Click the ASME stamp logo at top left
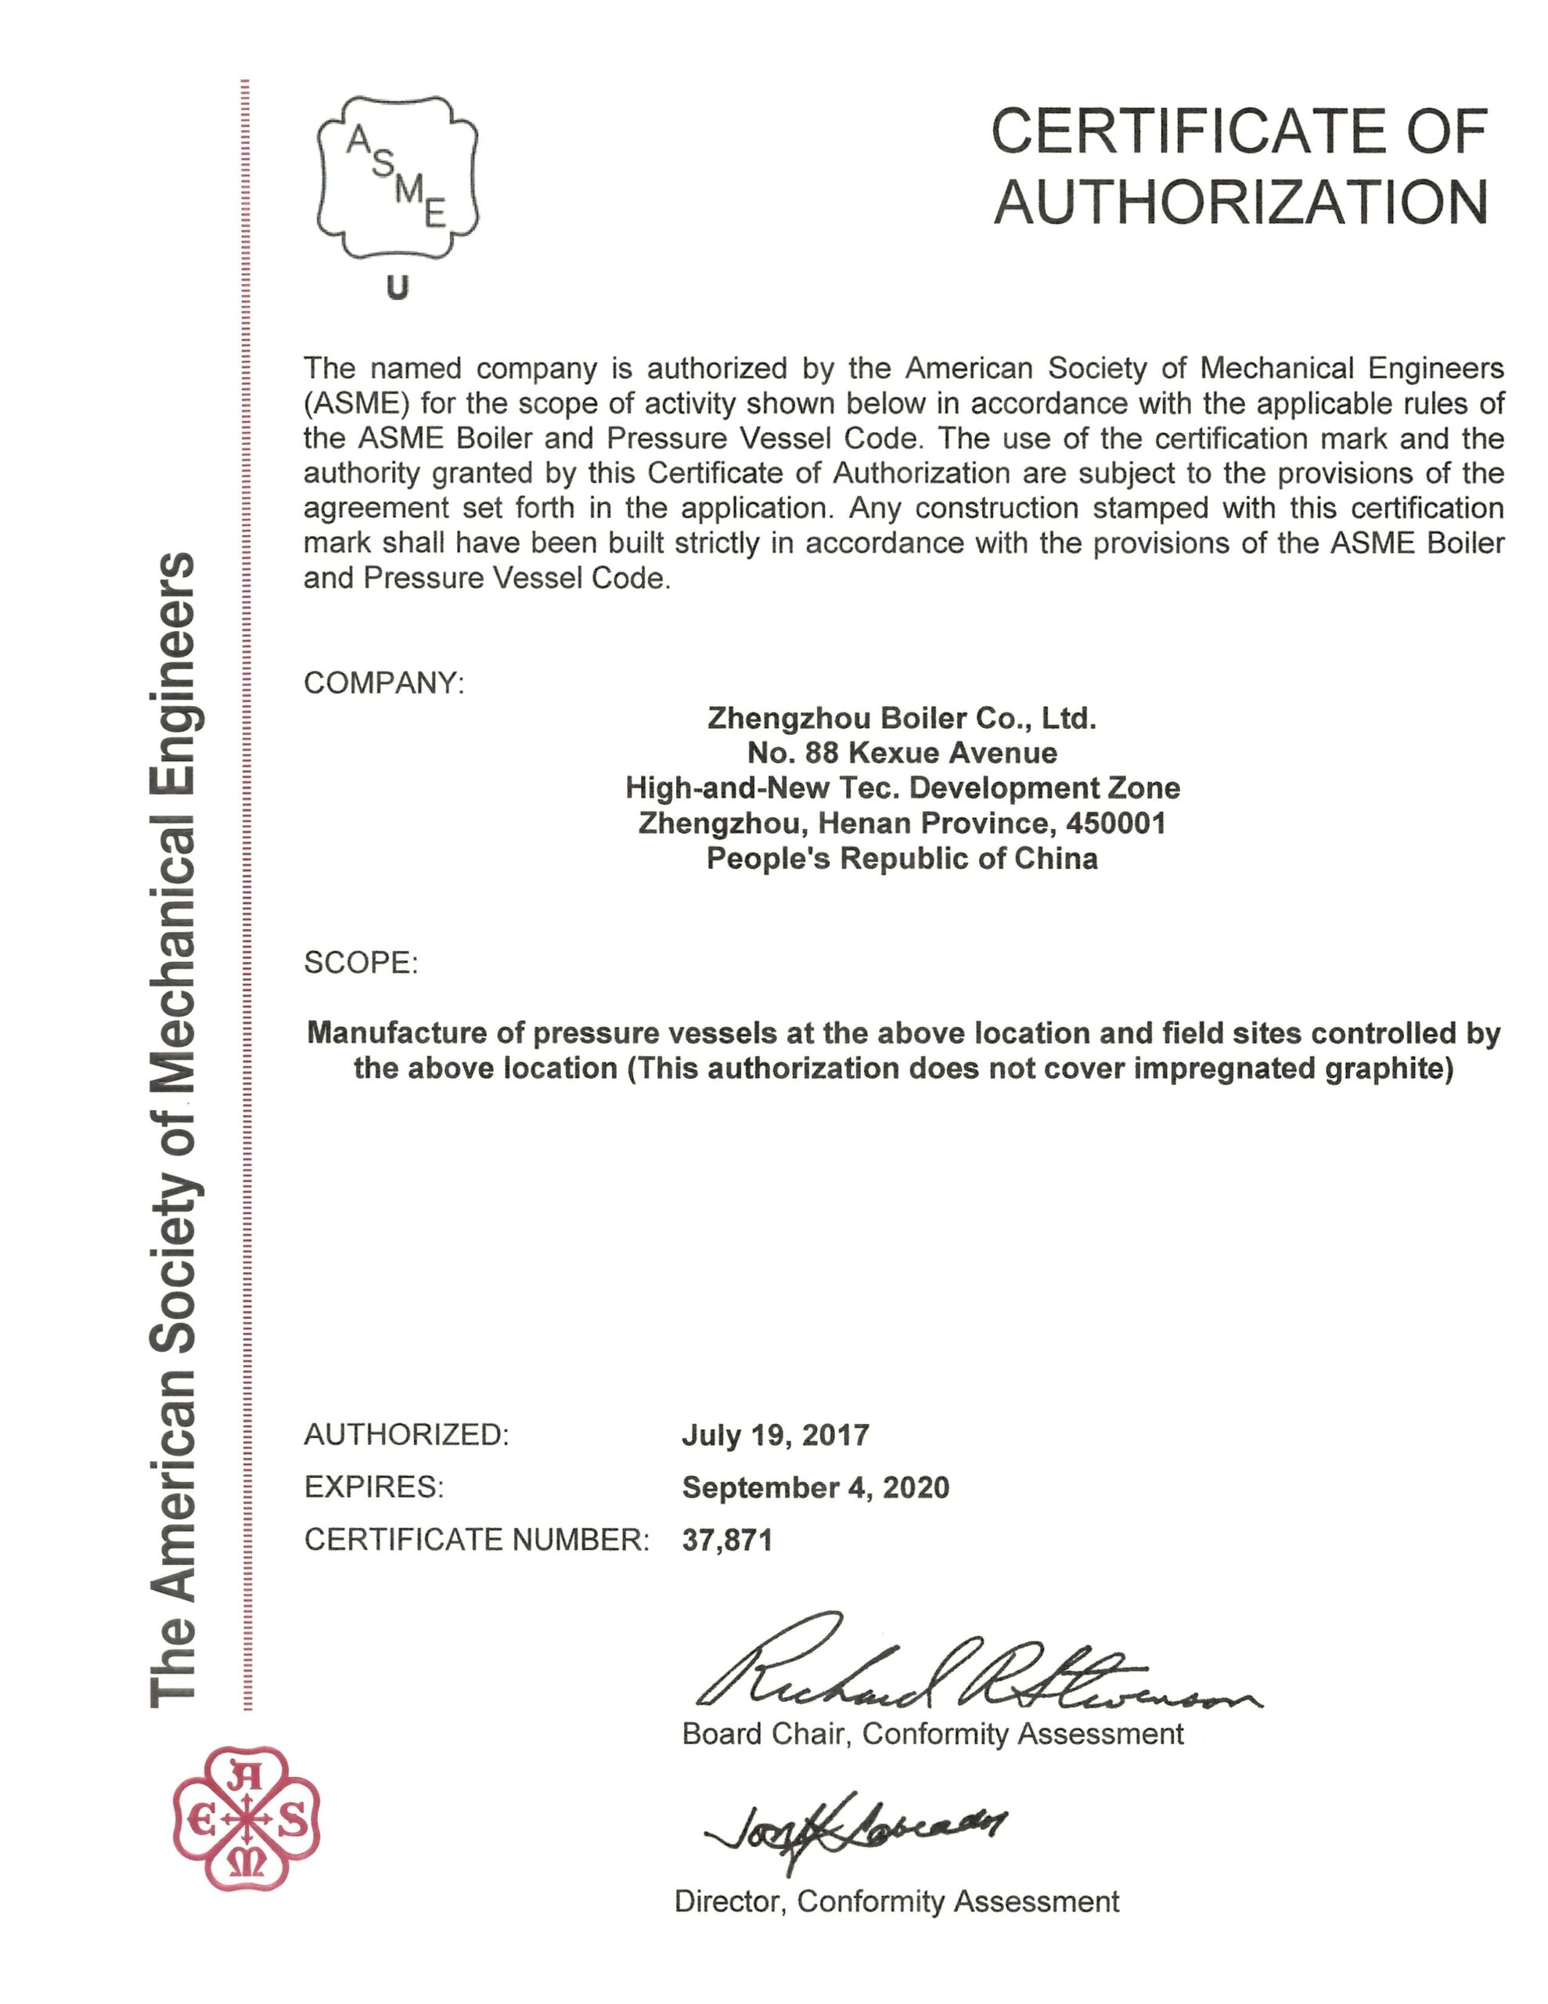click(x=398, y=177)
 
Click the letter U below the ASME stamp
click(x=398, y=289)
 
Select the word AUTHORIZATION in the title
click(x=1240, y=203)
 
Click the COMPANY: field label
click(x=383, y=683)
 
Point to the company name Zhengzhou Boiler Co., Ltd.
click(x=901, y=718)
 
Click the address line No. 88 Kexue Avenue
click(x=901, y=752)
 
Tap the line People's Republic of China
click(x=901, y=858)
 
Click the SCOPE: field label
click(x=361, y=963)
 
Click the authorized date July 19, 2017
click(x=776, y=1434)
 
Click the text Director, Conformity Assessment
click(x=897, y=1901)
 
